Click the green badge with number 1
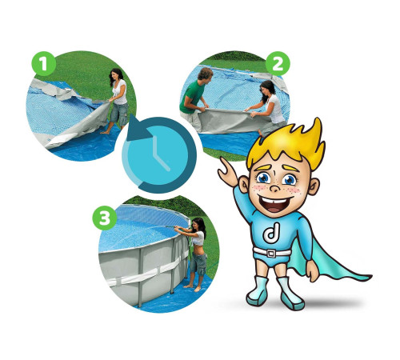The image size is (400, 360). (x=44, y=64)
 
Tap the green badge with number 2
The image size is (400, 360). (x=278, y=64)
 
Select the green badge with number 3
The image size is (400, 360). (x=105, y=218)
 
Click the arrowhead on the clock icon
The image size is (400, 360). (x=138, y=129)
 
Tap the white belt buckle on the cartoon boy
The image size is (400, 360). (x=271, y=253)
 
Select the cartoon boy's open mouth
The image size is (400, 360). (x=274, y=203)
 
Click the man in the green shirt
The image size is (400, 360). (x=194, y=98)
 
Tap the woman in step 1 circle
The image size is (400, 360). (x=118, y=101)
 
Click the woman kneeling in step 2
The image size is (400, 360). (x=270, y=106)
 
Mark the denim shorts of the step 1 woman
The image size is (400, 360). (x=119, y=114)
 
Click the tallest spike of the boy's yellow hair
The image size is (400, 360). (x=318, y=126)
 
